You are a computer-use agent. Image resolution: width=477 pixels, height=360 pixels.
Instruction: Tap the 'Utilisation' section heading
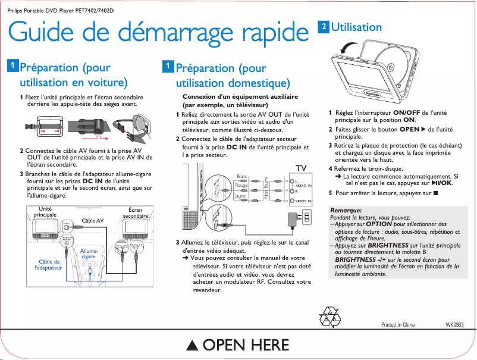(356, 27)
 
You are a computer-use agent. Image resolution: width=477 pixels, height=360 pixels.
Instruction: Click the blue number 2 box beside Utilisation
(324, 27)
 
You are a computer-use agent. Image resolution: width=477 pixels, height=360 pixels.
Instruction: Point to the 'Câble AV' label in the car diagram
(92, 220)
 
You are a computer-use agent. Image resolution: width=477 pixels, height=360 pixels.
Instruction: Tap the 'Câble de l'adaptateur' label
(49, 265)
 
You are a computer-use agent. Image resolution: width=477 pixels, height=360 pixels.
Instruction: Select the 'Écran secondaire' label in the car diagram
(136, 212)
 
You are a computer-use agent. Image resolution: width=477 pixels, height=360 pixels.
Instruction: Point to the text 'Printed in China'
(397, 324)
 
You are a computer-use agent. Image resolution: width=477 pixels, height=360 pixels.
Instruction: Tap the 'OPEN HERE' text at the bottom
(238, 345)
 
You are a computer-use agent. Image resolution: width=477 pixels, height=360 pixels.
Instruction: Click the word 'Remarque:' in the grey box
(346, 211)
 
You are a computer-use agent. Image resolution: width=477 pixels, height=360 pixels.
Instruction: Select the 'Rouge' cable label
(241, 186)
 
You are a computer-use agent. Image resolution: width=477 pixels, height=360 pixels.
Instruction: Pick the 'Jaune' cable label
(240, 196)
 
